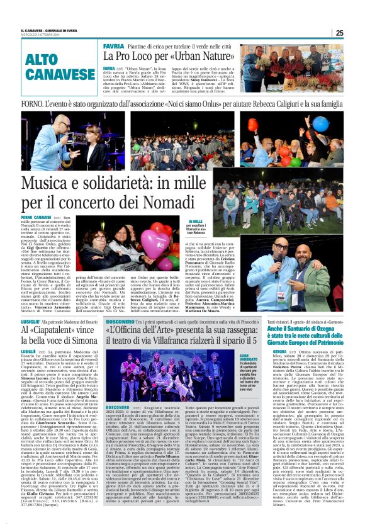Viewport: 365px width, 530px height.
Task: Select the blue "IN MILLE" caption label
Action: [x=195, y=222]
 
